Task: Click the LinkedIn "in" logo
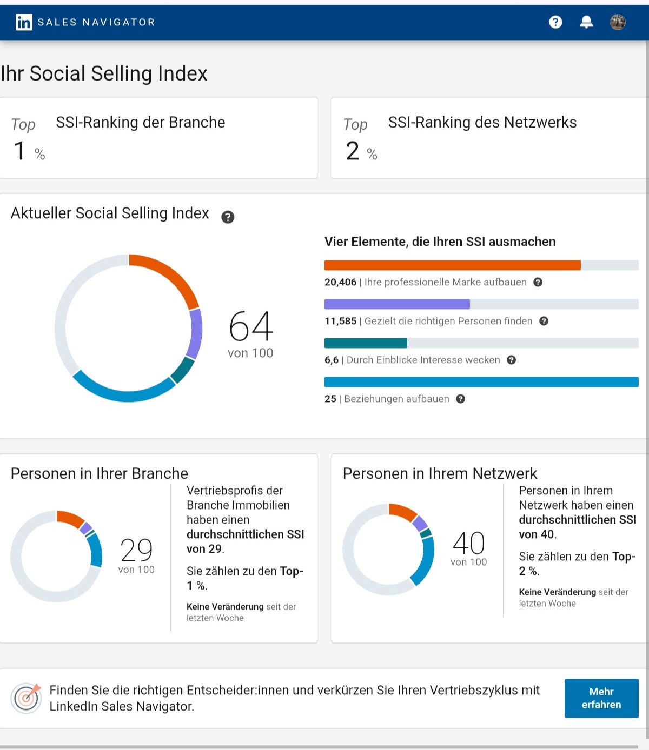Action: pyautogui.click(x=24, y=22)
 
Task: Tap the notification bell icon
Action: pyautogui.click(x=586, y=22)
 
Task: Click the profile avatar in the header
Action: pyautogui.click(x=618, y=22)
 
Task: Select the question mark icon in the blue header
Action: pyautogui.click(x=555, y=22)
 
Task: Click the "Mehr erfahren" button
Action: pyautogui.click(x=601, y=698)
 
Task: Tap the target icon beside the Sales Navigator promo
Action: pyautogui.click(x=26, y=698)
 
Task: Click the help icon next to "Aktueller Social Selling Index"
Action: pyautogui.click(x=228, y=217)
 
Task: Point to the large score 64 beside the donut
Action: pyautogui.click(x=251, y=327)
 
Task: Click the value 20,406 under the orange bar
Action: pyautogui.click(x=340, y=282)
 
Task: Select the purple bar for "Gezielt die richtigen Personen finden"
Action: pyautogui.click(x=397, y=304)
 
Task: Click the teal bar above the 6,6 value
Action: pyautogui.click(x=366, y=343)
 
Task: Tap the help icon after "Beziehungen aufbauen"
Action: pyautogui.click(x=460, y=399)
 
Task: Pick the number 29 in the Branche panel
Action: pyautogui.click(x=136, y=550)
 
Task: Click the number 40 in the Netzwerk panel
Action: pyautogui.click(x=468, y=543)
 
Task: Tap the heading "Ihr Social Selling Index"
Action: pyautogui.click(x=104, y=73)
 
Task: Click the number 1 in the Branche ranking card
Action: pyautogui.click(x=19, y=151)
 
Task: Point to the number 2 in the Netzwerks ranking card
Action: pyautogui.click(x=352, y=151)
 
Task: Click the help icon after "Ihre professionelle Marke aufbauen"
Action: pyautogui.click(x=538, y=282)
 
